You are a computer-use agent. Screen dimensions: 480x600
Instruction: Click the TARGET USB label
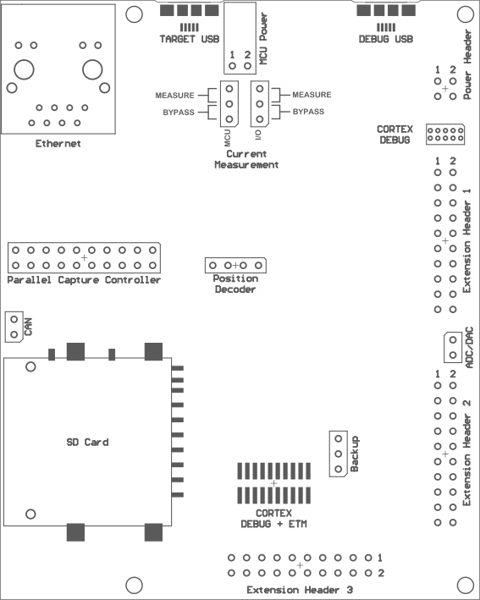tap(189, 39)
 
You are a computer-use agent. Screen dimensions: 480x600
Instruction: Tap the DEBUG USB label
tap(386, 39)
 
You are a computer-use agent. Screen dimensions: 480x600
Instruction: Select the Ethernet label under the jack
tap(58, 144)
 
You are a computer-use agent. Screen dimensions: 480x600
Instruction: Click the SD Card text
tap(88, 443)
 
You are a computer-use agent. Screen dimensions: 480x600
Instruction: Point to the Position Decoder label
tap(235, 284)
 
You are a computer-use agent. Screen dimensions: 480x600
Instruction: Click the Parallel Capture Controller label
tap(84, 280)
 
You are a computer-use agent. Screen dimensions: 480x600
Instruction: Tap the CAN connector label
tap(28, 327)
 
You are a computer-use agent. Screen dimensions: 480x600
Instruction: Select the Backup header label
tap(355, 454)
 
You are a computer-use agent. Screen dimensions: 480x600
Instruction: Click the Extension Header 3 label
tap(300, 590)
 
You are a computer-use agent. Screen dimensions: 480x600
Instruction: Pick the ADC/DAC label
tap(469, 348)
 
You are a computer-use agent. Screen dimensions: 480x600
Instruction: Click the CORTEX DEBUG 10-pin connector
tap(445, 135)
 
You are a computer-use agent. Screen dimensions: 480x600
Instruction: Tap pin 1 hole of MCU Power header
tap(232, 66)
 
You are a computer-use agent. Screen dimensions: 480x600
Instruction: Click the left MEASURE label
tap(175, 96)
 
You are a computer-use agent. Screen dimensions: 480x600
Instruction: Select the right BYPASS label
tap(308, 112)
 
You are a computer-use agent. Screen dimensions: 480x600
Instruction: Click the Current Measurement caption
tap(246, 160)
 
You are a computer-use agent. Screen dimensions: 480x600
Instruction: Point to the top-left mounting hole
tap(134, 14)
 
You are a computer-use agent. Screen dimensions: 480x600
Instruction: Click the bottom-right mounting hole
tap(466, 585)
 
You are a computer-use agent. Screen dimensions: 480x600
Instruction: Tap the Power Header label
tap(467, 65)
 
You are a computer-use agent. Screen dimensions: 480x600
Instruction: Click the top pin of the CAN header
tap(14, 319)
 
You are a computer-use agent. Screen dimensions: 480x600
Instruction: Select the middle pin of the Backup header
tap(339, 454)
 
